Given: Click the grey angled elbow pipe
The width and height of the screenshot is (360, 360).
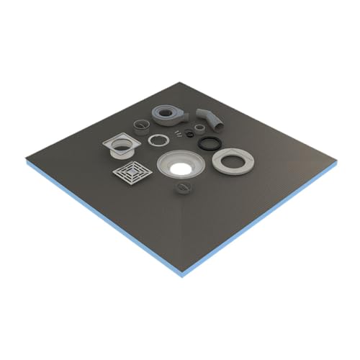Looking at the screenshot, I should pos(210,117).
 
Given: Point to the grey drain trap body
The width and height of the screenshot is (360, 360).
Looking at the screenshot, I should pos(168,115).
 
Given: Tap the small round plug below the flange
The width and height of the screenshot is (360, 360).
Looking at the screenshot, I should pos(181,189).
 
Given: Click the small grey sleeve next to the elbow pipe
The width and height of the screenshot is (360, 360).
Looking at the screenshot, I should pos(198,128).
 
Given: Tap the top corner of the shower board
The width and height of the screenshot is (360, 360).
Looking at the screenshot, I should pos(182,81).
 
